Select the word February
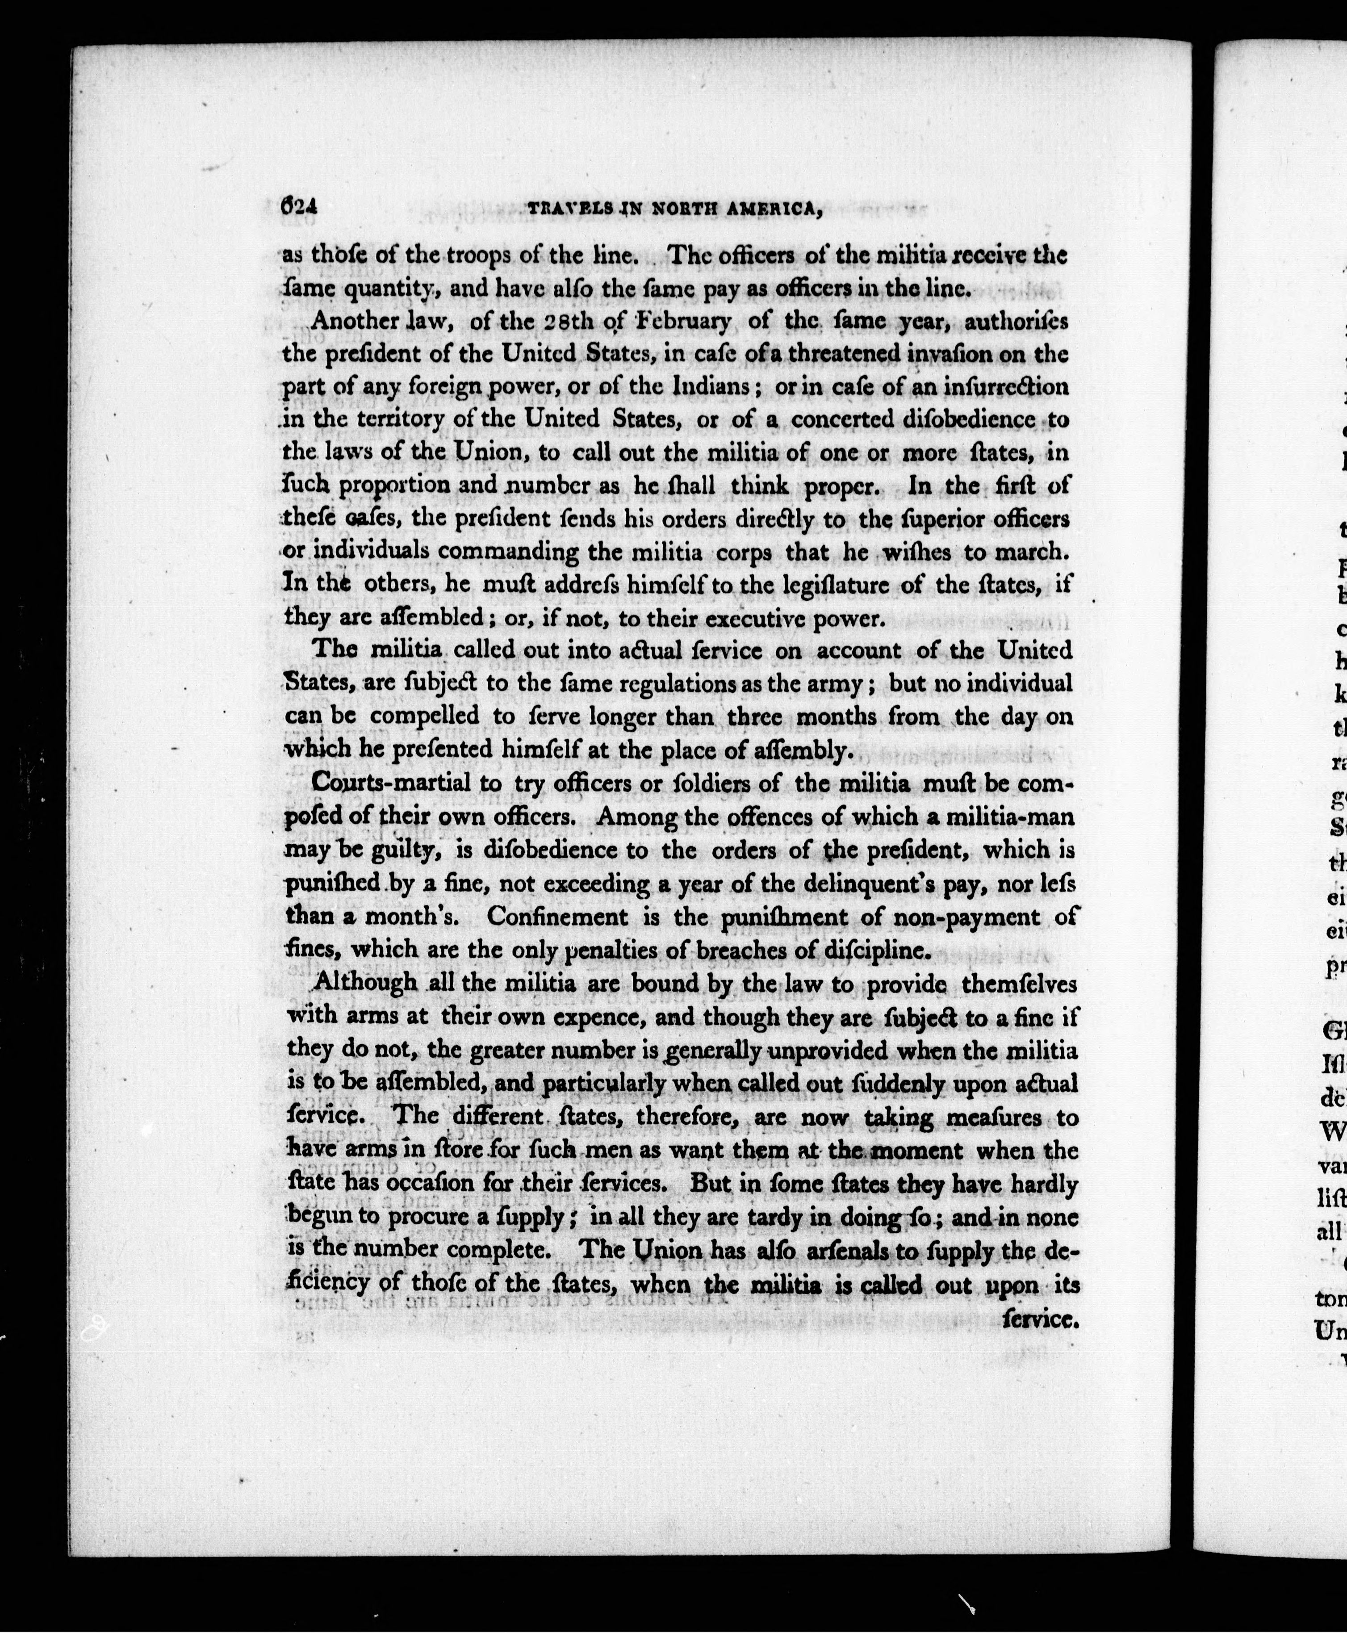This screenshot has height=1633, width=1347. pos(684,321)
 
